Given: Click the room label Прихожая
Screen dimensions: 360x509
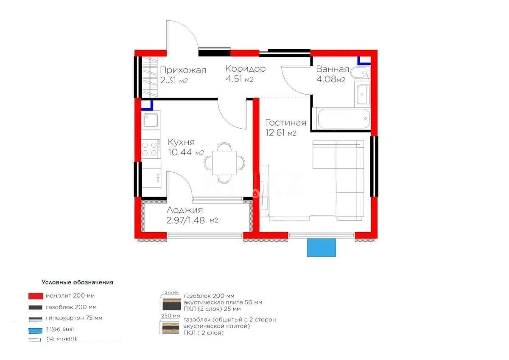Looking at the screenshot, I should tap(183, 70).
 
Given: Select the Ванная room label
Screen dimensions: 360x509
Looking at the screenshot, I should tap(333, 70).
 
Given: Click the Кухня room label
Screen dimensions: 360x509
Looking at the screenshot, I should tap(181, 142).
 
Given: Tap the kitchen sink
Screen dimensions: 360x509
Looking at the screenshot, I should tap(151, 120).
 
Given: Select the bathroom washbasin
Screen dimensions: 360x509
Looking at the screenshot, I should tap(363, 94).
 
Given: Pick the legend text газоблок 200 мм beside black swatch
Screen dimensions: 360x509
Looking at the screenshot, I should tap(71, 307).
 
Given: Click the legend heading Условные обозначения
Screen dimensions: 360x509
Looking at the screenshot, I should tap(77, 282).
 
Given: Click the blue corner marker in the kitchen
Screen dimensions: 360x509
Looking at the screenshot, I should tap(146, 104).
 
